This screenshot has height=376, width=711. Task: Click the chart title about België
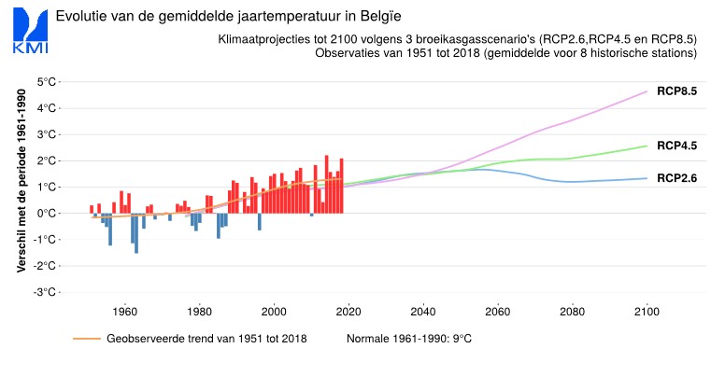[x=221, y=17]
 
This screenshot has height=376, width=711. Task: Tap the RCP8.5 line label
[x=677, y=91]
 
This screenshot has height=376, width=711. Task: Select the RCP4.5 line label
[x=677, y=146]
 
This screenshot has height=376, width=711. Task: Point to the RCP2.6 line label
[x=677, y=177]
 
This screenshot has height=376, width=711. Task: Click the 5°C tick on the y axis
[x=45, y=82]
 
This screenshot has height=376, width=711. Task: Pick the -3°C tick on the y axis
[x=43, y=292]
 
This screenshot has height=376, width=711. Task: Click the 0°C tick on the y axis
[x=45, y=213]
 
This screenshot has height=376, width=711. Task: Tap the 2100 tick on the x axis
[x=647, y=312]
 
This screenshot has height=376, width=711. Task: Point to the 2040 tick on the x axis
[x=422, y=312]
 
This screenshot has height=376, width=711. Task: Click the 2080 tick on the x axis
[x=572, y=312]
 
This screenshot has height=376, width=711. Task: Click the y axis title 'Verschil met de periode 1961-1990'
[x=21, y=181]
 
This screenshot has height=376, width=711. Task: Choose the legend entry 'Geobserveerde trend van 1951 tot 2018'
[x=206, y=338]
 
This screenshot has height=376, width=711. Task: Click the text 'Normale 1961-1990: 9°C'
[x=409, y=338]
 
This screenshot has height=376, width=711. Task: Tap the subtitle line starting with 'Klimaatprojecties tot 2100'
[x=458, y=40]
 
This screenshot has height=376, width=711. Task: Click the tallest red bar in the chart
[x=327, y=184]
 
